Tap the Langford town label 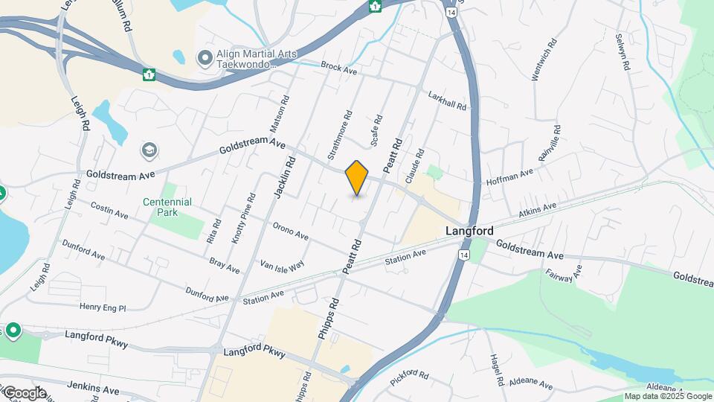pyautogui.click(x=469, y=232)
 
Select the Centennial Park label pyautogui.click(x=167, y=207)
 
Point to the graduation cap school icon pyautogui.click(x=149, y=151)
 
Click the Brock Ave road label pyautogui.click(x=339, y=68)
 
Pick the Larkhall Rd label pyautogui.click(x=448, y=100)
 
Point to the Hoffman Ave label pyautogui.click(x=510, y=176)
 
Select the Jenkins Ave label pyautogui.click(x=93, y=389)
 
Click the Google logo pyautogui.click(x=24, y=392)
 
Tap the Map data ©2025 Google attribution pyautogui.click(x=668, y=397)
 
